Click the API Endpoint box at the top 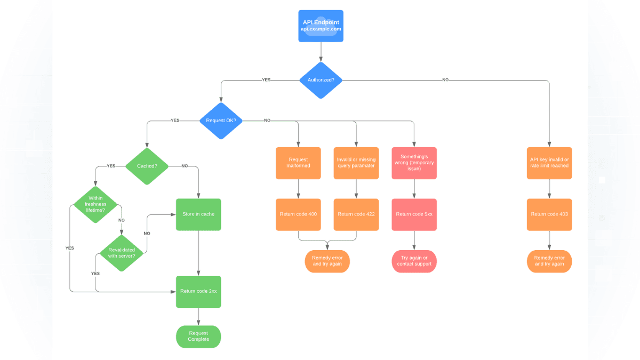[x=321, y=26]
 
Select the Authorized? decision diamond [x=321, y=80]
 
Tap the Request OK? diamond [x=221, y=121]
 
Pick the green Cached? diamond [x=147, y=166]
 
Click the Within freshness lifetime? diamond [x=95, y=204]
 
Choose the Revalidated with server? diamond [x=122, y=253]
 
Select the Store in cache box [x=198, y=214]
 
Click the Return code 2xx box [x=198, y=291]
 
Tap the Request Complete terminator [x=198, y=337]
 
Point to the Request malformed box [x=298, y=163]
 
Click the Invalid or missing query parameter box [x=356, y=163]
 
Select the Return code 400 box [x=298, y=214]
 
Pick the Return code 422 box [x=356, y=214]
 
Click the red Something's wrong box [x=414, y=163]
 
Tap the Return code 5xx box [x=414, y=214]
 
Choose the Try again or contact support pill [x=414, y=261]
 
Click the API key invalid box [x=549, y=163]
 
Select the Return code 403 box [x=549, y=214]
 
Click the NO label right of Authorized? [x=445, y=80]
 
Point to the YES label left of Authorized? [x=266, y=80]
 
